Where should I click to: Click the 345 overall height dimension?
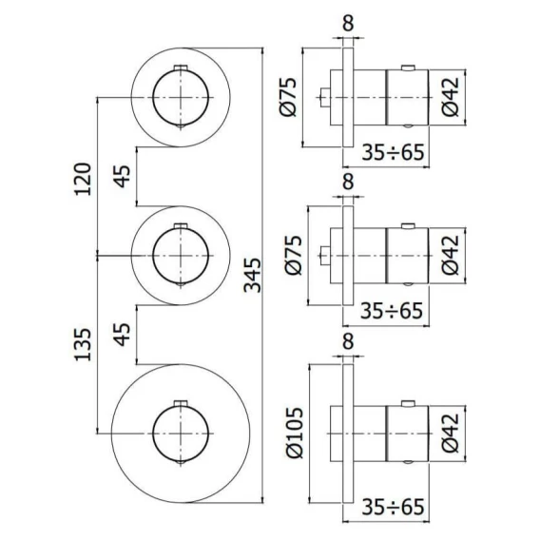(252, 275)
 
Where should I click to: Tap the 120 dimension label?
(83, 179)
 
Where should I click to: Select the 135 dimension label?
(83, 345)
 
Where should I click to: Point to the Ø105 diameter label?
(295, 433)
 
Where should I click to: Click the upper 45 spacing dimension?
(123, 176)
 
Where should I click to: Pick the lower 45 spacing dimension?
(123, 334)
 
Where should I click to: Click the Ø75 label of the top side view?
(287, 98)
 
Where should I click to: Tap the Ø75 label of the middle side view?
(293, 255)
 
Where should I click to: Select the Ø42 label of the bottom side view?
(451, 433)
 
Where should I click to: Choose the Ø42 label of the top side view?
(451, 97)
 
